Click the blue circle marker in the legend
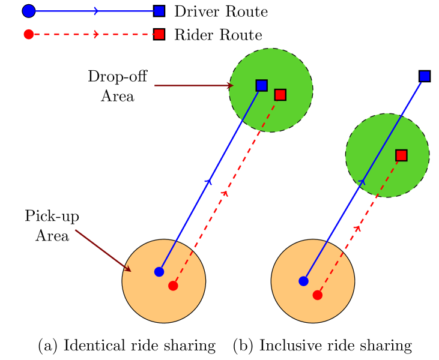[x=29, y=11]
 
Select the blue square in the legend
[x=159, y=11]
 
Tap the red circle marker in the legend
[x=29, y=34]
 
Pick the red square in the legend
[x=159, y=34]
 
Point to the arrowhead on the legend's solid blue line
[x=96, y=11]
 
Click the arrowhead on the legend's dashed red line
[x=96, y=34]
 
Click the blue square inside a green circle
[x=261, y=85]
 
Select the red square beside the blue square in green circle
[x=280, y=95]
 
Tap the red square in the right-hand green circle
[x=401, y=155]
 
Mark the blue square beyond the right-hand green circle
[x=425, y=76]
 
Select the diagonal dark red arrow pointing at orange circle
[x=103, y=250]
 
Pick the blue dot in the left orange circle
[x=159, y=272]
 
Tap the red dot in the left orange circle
[x=173, y=286]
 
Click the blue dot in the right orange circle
[x=303, y=281]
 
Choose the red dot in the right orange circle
[x=317, y=295]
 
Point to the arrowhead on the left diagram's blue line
[x=209, y=181]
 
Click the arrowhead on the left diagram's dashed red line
[x=225, y=193]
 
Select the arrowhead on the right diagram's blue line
[x=362, y=181]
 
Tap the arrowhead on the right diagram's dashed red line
[x=358, y=228]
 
